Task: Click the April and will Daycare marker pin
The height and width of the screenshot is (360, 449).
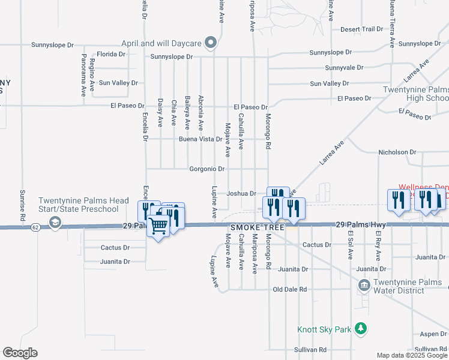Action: pos(210,43)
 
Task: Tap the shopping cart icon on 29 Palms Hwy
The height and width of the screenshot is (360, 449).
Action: pos(158,226)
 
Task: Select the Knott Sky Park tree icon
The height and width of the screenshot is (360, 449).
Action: pos(360,328)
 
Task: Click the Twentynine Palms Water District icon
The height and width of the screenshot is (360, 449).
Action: pos(364,286)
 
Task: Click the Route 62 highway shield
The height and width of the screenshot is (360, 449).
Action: pos(36,227)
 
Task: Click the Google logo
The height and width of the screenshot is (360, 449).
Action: pos(20,353)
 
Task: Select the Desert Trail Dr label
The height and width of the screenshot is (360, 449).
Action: pos(361,29)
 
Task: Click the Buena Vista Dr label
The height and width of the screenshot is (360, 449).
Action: pos(200,139)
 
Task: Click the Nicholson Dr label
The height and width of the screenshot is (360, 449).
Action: pos(397,152)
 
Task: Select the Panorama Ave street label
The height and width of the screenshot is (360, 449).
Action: pos(83,76)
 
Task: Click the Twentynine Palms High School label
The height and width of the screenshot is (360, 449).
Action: pos(416,94)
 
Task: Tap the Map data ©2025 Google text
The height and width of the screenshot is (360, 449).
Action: pos(411,355)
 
